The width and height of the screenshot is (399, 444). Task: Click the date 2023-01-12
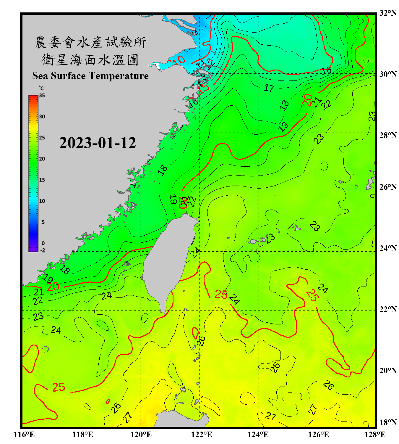pyautogui.click(x=98, y=143)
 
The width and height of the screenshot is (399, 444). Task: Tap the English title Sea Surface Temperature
pyautogui.click(x=90, y=76)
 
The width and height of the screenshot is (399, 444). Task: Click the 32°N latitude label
pyautogui.click(x=388, y=13)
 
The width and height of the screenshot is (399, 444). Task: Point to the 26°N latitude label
pyautogui.click(x=388, y=187)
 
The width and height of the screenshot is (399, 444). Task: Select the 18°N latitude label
pyautogui.click(x=388, y=422)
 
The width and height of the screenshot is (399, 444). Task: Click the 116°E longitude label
pyautogui.click(x=24, y=435)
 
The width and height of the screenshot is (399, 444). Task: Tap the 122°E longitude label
pyautogui.click(x=202, y=435)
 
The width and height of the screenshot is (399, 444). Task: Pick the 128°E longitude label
pyautogui.click(x=375, y=435)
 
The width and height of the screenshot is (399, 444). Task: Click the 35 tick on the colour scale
pyautogui.click(x=42, y=96)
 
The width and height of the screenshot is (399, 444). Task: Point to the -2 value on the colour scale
pyautogui.click(x=43, y=250)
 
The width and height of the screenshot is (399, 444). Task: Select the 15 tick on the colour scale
pyautogui.click(x=42, y=180)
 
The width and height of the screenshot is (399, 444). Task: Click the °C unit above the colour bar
pyautogui.click(x=41, y=89)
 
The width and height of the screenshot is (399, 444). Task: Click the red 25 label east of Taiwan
pyautogui.click(x=221, y=294)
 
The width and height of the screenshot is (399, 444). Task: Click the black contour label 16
pyautogui.click(x=327, y=70)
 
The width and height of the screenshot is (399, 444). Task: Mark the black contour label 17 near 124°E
pyautogui.click(x=269, y=88)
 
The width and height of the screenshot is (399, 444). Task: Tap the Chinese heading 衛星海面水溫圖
pyautogui.click(x=90, y=60)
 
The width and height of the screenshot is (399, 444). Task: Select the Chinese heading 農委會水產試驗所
pyautogui.click(x=90, y=42)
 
